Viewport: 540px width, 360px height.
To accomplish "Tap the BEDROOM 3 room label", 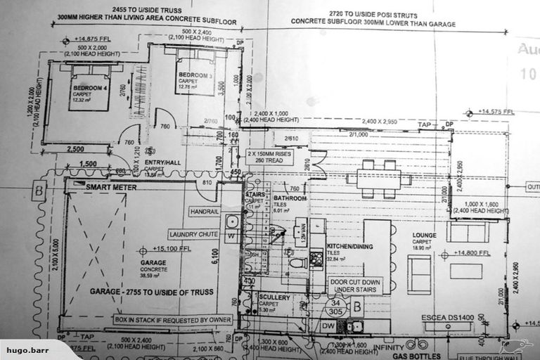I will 193,75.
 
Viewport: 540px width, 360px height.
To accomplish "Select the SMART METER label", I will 110,188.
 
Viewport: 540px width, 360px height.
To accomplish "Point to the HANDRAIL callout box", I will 205,211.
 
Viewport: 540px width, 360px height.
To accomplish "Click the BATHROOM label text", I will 290,198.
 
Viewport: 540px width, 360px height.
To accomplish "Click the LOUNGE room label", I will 424,236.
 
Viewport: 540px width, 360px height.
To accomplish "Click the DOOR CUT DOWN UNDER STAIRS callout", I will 355,285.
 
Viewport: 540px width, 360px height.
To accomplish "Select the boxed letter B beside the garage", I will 39,189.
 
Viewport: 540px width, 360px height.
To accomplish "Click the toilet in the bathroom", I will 297,262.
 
